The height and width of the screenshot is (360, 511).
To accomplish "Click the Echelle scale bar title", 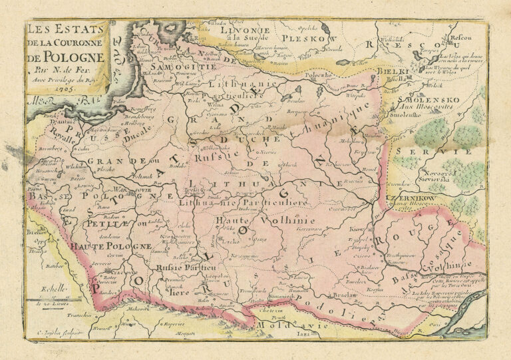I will coord(53,289).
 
